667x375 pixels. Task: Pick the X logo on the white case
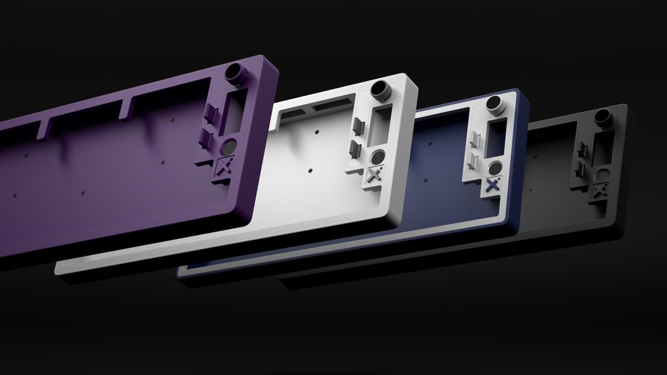[373, 174]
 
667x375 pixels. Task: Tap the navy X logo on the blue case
[492, 185]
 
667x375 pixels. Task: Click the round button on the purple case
[229, 146]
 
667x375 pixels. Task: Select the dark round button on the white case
[378, 156]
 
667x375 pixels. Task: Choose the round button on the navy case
[496, 167]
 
